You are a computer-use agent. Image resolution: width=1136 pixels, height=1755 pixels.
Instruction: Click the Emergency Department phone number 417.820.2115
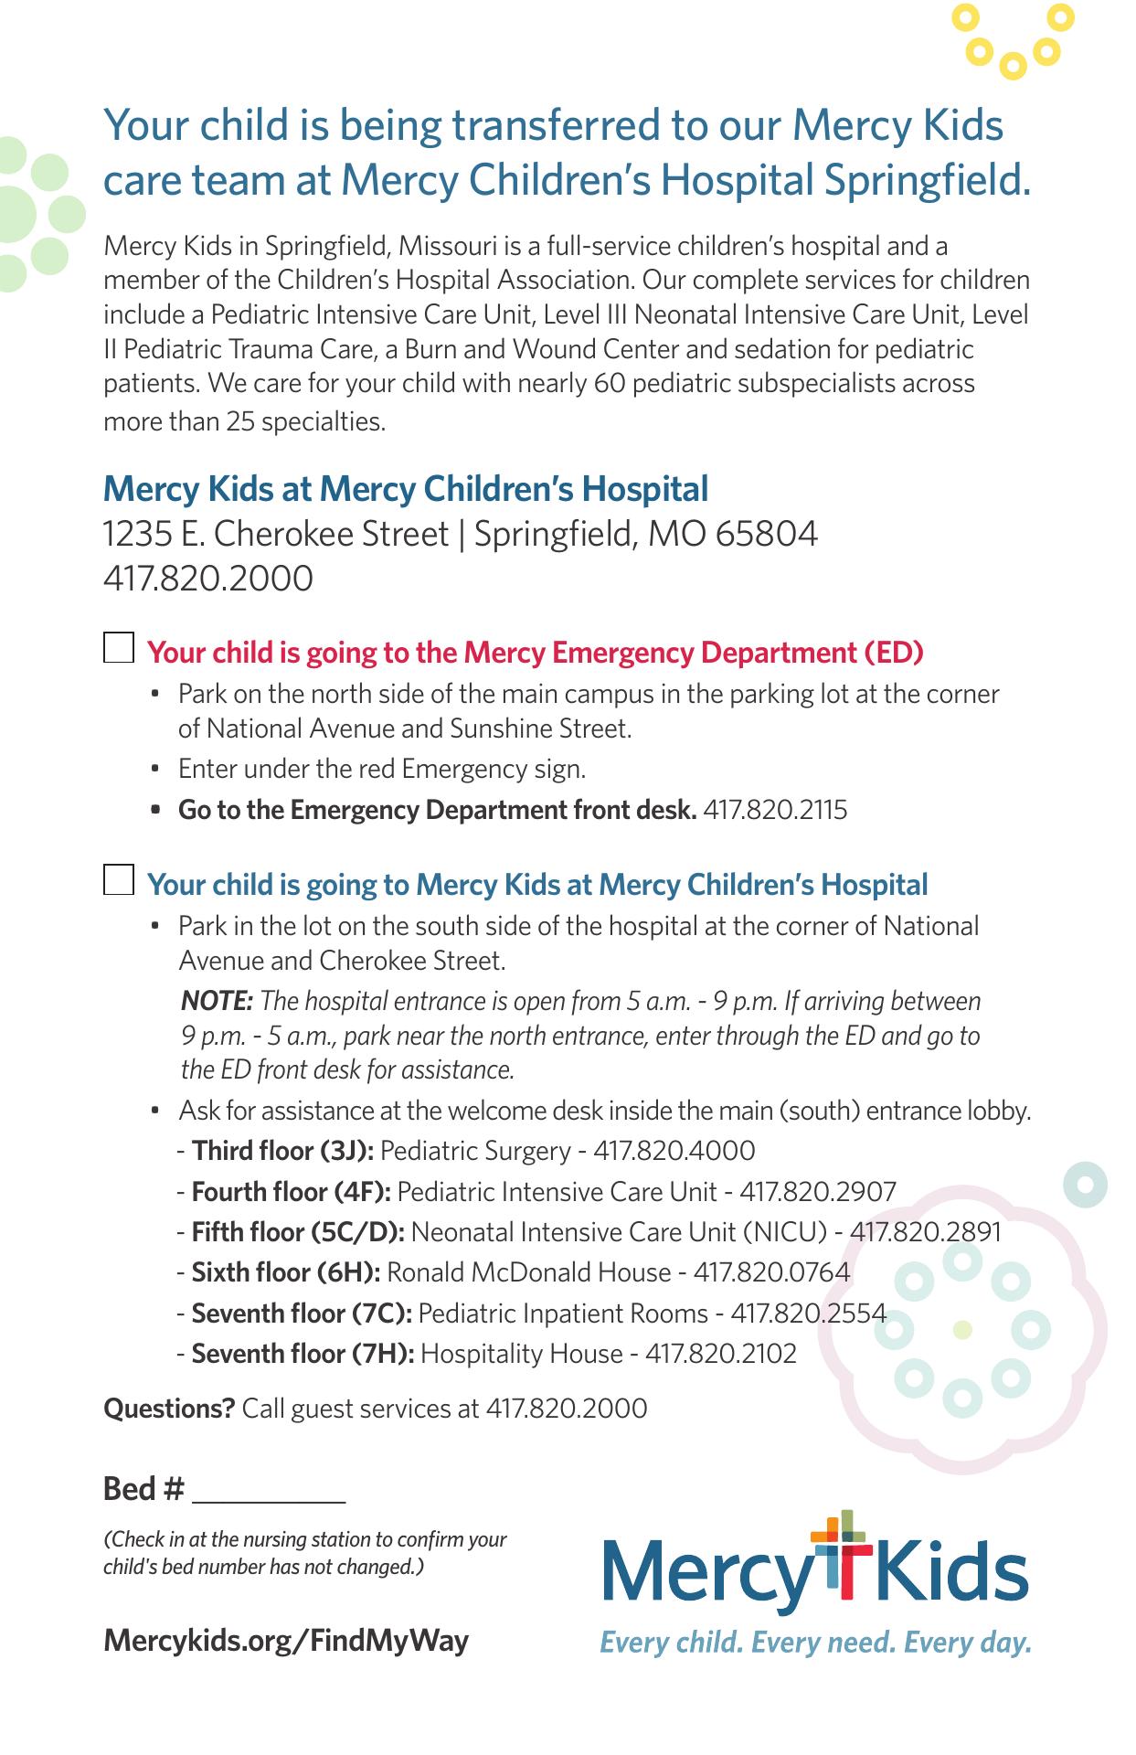click(775, 810)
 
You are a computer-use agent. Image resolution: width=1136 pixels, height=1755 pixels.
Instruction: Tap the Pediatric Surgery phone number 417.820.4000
click(674, 1150)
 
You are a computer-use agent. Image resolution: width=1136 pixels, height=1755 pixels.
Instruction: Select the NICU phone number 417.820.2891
click(926, 1232)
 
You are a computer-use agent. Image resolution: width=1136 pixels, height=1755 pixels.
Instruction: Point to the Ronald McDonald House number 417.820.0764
click(771, 1272)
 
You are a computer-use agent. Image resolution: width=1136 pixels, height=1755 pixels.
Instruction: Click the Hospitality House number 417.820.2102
click(721, 1353)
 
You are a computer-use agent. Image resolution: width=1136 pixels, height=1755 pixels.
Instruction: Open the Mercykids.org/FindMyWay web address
click(286, 1640)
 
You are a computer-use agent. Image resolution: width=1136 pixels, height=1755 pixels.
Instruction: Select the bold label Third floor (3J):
click(282, 1150)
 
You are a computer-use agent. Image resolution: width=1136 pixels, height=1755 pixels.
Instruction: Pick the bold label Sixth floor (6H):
click(286, 1272)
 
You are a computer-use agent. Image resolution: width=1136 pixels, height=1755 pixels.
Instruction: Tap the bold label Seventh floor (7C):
click(302, 1314)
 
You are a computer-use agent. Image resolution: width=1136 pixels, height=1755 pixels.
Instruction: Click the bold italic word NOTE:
click(217, 1001)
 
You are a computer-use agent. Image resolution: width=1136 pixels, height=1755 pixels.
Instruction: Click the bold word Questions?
click(169, 1409)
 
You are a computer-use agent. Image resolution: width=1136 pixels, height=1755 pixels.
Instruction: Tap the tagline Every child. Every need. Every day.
click(815, 1643)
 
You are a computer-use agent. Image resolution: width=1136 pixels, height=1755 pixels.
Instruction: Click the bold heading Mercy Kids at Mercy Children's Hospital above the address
click(406, 489)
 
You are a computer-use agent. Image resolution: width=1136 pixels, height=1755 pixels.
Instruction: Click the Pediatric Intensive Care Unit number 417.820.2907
click(818, 1191)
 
